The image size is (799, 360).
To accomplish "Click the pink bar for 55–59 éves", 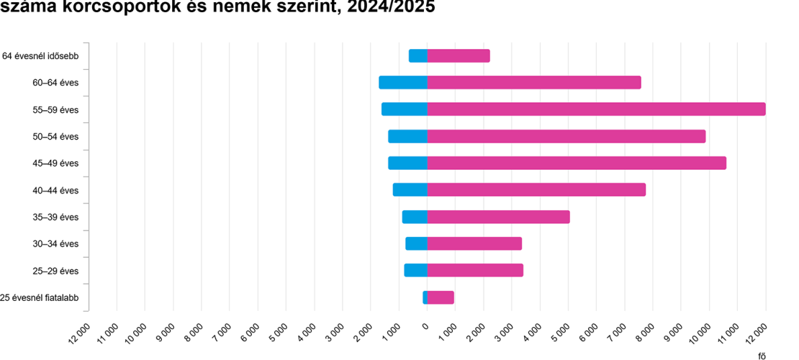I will [x=596, y=109].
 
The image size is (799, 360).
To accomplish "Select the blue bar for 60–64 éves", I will [x=403, y=83].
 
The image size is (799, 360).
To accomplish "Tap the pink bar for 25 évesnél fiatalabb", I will [x=441, y=297].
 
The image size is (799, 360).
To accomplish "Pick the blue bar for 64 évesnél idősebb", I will [x=418, y=56].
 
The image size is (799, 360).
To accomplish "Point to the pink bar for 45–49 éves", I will [x=577, y=163].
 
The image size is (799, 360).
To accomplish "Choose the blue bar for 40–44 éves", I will [x=410, y=190].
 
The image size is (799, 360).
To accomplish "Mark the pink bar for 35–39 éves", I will [x=498, y=217].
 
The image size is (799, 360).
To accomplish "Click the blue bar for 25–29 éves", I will [x=416, y=271].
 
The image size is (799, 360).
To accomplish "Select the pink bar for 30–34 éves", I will [x=474, y=244].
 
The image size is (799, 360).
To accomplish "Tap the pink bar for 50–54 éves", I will [x=566, y=137].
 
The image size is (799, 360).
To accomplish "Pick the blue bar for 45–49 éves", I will [x=407, y=163].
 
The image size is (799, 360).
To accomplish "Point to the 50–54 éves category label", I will [x=55, y=137].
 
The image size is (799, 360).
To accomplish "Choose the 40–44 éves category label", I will [x=55, y=191].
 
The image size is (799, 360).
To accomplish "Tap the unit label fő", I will [x=762, y=354].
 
